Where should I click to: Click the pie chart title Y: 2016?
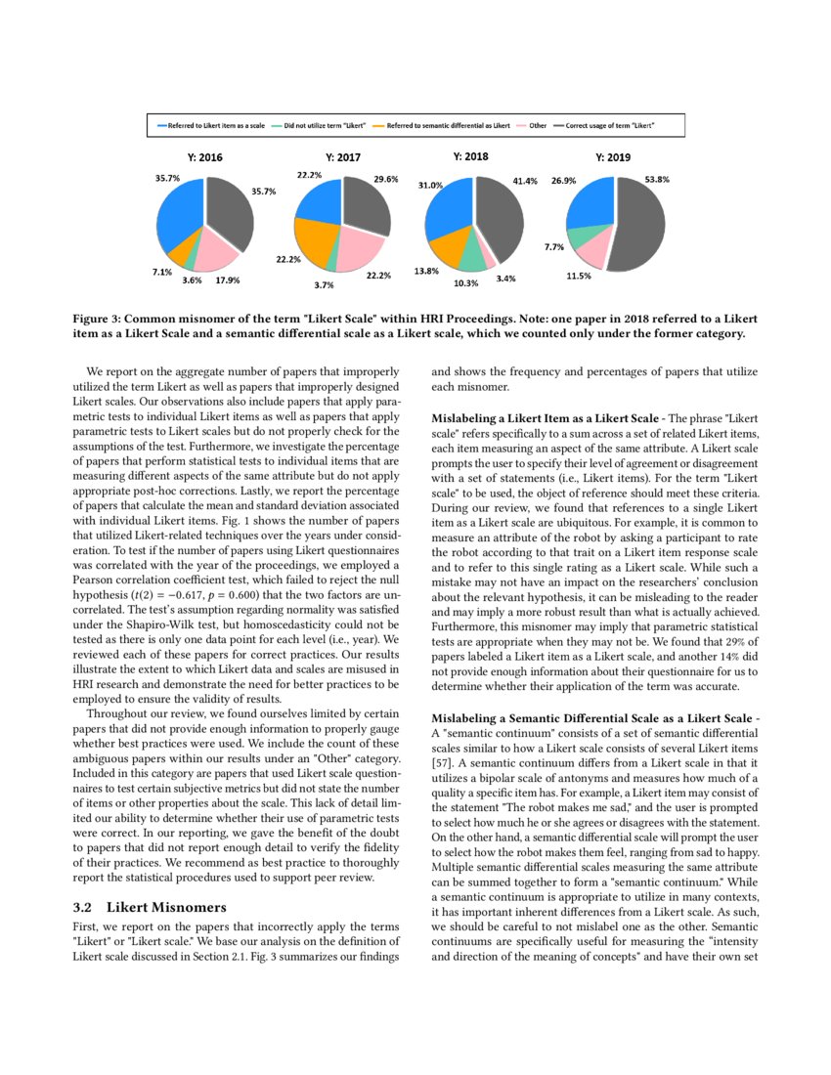[204, 156]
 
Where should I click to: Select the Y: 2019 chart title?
[613, 156]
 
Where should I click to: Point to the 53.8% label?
[657, 180]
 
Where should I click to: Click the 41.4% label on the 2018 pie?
[525, 181]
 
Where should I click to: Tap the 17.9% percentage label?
[227, 280]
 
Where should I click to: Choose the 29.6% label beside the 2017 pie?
[385, 180]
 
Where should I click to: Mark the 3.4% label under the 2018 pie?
[506, 279]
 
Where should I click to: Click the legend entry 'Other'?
[538, 126]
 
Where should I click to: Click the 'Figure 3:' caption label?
[101, 319]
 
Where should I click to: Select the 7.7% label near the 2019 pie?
[554, 247]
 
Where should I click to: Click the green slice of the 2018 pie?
[473, 256]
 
